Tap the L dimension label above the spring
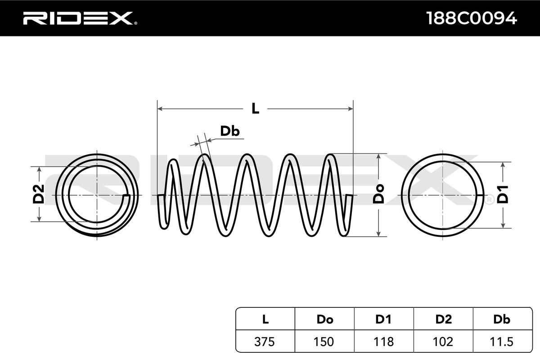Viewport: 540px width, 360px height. pyautogui.click(x=255, y=108)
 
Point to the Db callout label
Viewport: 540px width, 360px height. pyautogui.click(x=229, y=131)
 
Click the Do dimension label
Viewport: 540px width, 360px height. pyautogui.click(x=379, y=194)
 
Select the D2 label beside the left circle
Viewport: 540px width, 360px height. pyautogui.click(x=39, y=194)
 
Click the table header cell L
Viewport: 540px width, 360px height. pyautogui.click(x=265, y=319)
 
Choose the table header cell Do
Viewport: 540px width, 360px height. pyautogui.click(x=324, y=319)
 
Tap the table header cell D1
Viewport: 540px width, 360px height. pyautogui.click(x=383, y=319)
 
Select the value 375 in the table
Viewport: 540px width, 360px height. pyautogui.click(x=265, y=342)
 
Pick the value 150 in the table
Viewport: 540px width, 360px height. pyautogui.click(x=324, y=342)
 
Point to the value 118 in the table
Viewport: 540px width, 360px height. pyautogui.click(x=383, y=342)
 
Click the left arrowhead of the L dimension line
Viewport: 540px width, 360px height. pyautogui.click(x=159, y=108)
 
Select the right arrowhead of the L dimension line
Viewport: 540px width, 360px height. pyautogui.click(x=351, y=108)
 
